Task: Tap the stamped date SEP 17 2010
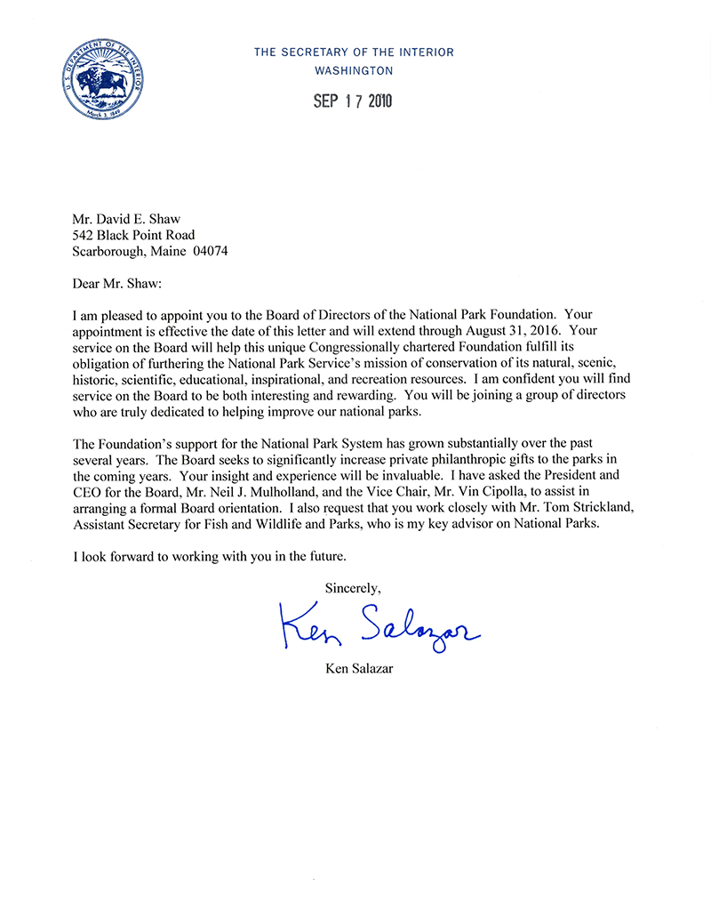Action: [353, 101]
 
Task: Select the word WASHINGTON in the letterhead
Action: [354, 70]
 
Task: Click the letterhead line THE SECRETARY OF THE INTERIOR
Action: [354, 52]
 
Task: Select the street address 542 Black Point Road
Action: [133, 235]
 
